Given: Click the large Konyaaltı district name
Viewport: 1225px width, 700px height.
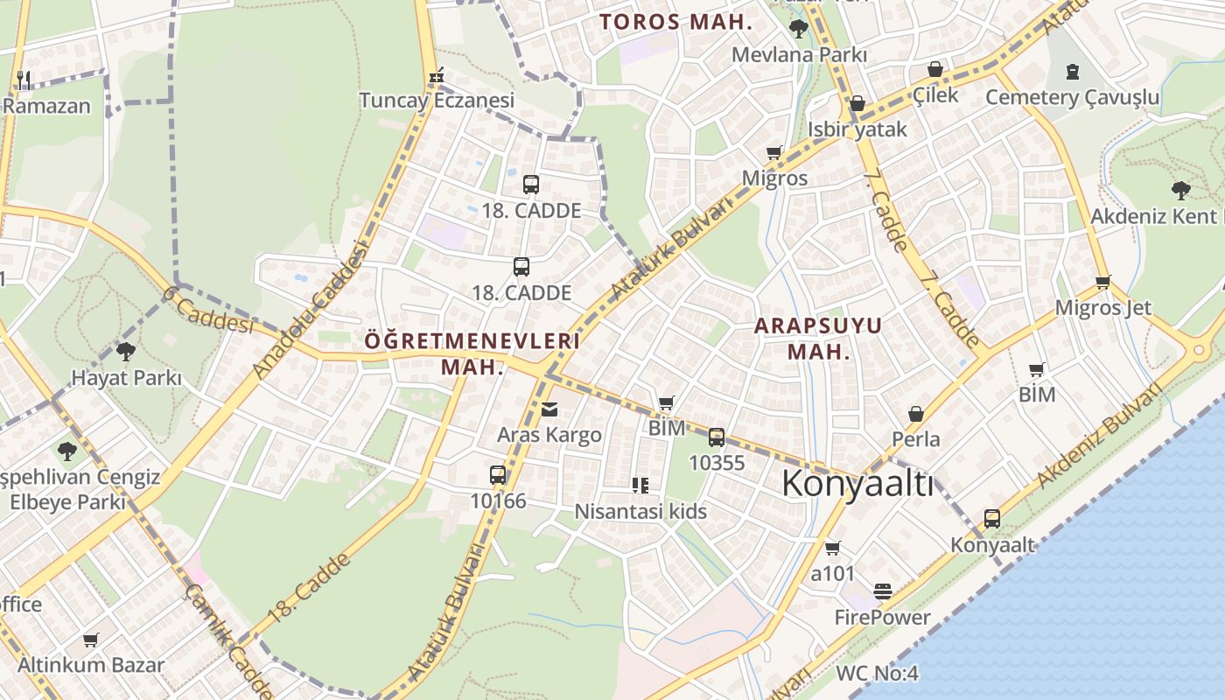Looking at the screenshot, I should coord(857,484).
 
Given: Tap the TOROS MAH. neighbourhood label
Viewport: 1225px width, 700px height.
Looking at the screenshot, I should coord(675,22).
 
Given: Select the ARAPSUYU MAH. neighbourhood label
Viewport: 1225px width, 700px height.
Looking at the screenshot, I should coord(818,339).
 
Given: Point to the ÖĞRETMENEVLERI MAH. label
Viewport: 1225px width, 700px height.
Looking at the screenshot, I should coord(472,353).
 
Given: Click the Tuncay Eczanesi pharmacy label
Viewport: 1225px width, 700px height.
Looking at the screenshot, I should coord(437,101).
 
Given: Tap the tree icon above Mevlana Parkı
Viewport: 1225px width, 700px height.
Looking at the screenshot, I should coord(798,29).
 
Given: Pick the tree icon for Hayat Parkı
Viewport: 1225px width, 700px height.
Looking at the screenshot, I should coord(125,352).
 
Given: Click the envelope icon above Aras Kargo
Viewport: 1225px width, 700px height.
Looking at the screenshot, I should coord(549,409).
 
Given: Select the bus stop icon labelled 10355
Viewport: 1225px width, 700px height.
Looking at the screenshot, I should coord(717,437).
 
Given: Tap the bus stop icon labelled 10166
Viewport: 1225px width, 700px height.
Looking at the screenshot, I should coord(498,475).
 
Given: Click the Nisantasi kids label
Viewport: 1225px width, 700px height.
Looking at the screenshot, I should coord(640,511).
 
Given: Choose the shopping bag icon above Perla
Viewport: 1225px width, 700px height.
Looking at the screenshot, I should coord(916,414).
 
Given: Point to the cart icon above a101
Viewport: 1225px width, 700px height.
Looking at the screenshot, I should coord(832,548).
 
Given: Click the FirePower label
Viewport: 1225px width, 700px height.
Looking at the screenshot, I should coord(882,617).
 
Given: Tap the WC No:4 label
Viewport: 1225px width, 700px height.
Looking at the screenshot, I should coord(877,673).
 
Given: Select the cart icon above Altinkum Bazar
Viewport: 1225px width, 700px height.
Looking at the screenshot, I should coord(90,640).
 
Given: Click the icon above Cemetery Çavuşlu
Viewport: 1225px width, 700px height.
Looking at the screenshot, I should coord(1073,72).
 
